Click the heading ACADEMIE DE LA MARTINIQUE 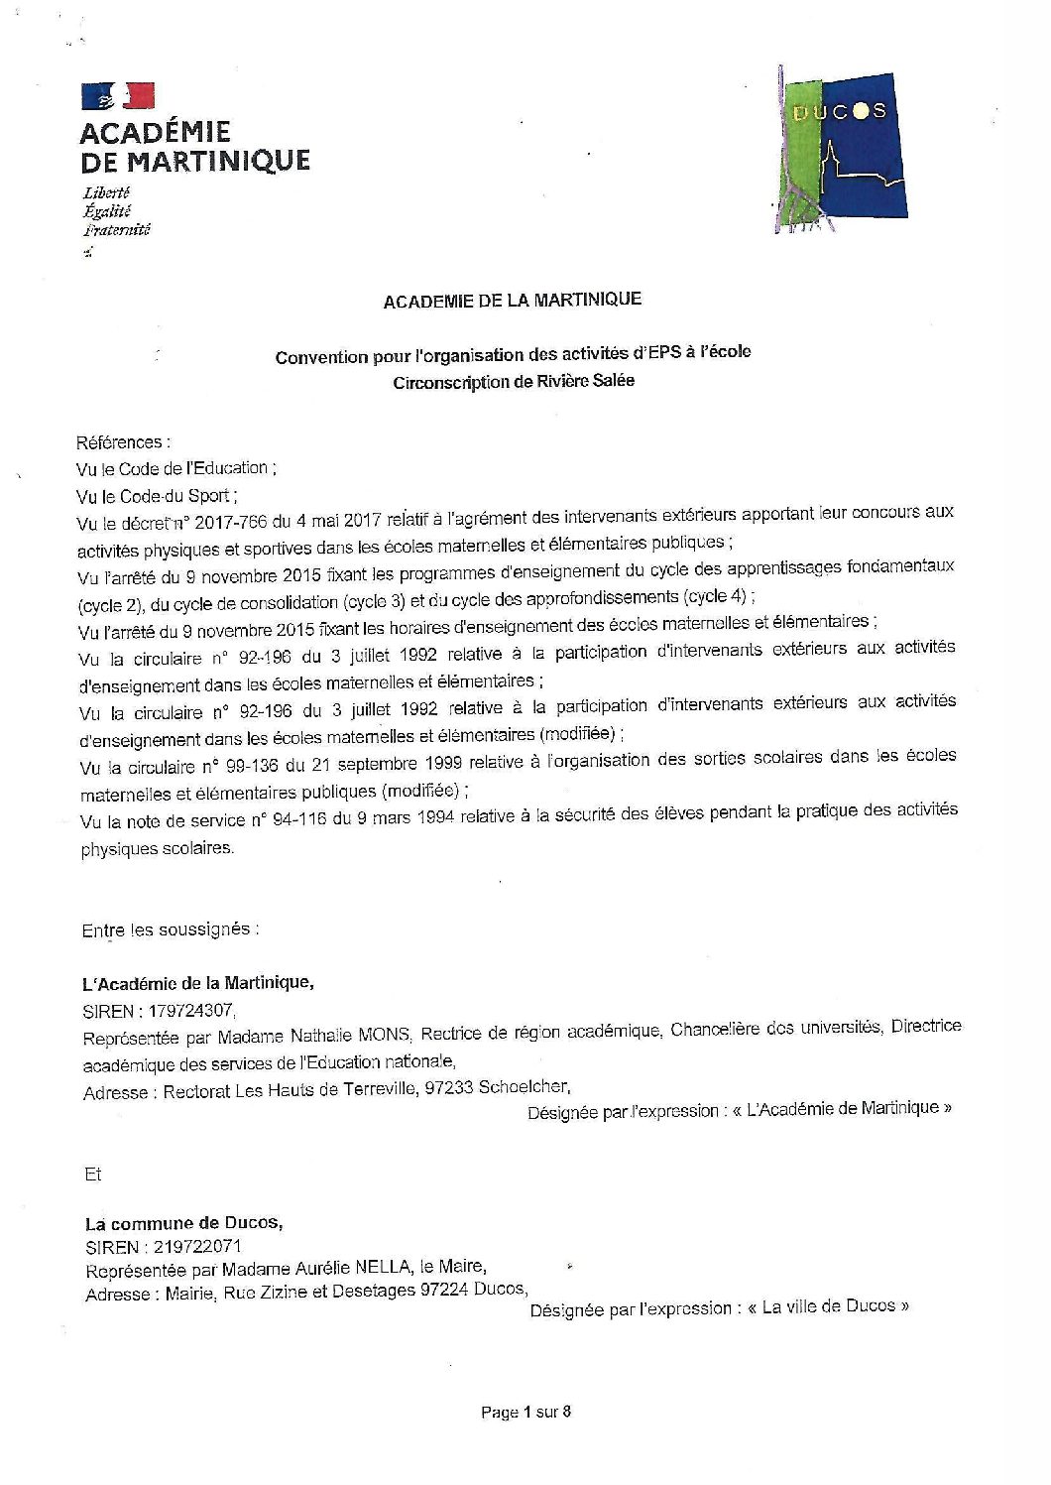(x=512, y=299)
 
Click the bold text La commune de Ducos (x=183, y=1222)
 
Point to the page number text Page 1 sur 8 (x=525, y=1412)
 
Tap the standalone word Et (x=93, y=1175)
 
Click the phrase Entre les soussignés (x=171, y=930)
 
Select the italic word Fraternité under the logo (x=116, y=230)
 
